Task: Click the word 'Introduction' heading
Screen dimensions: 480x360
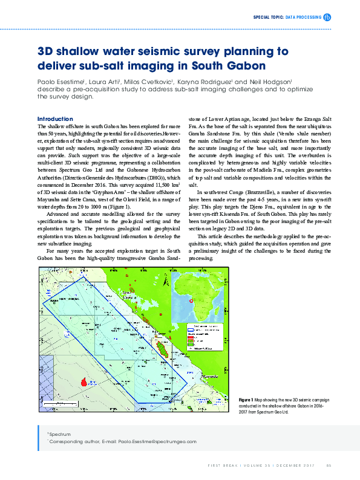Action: (55, 118)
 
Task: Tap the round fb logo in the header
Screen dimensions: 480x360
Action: (327, 18)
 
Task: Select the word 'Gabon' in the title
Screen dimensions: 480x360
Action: (249, 65)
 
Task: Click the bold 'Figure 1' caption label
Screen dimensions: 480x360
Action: (246, 400)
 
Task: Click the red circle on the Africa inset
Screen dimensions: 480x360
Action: (191, 301)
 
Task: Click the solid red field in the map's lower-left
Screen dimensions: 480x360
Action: (85, 383)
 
